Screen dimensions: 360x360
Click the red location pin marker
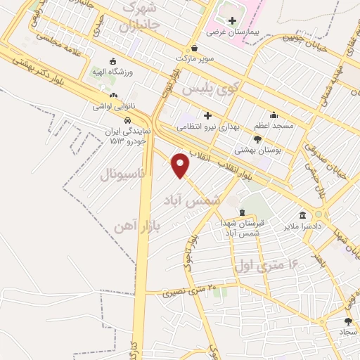(181, 164)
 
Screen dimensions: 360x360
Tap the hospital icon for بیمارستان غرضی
(232, 20)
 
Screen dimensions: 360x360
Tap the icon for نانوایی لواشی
(112, 95)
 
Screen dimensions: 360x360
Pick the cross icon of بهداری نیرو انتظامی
(208, 115)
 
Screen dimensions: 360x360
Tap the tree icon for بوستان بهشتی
(257, 138)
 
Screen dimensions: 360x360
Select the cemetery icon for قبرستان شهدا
(243, 212)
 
